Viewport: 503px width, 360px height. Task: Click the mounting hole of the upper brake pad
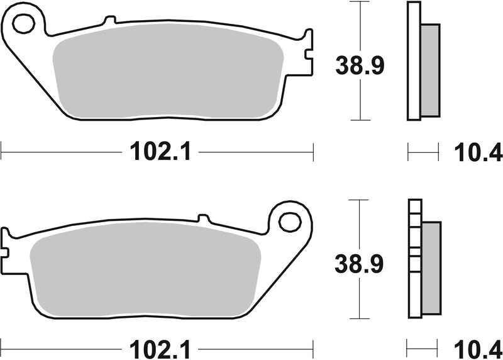(x=23, y=25)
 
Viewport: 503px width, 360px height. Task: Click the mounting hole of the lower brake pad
(x=290, y=222)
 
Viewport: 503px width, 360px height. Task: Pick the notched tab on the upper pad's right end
(x=307, y=53)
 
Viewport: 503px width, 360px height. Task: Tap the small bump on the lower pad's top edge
(x=203, y=218)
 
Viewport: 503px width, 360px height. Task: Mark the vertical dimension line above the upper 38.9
(x=359, y=25)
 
